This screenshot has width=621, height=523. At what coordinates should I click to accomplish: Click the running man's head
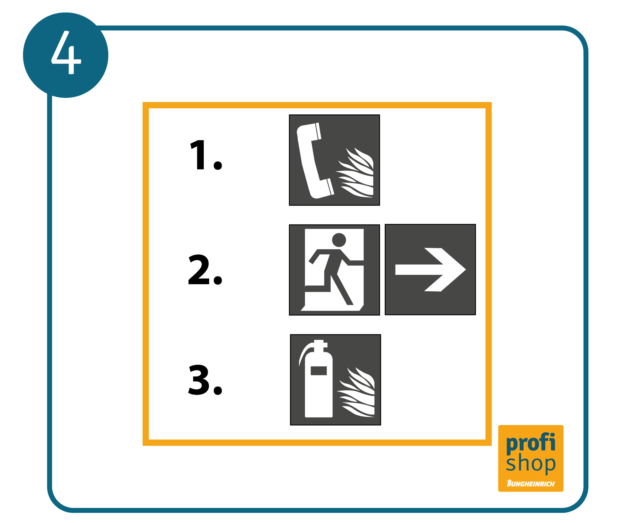339,240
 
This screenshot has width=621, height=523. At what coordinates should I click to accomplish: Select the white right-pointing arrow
431,270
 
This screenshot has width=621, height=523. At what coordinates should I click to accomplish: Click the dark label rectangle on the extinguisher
319,371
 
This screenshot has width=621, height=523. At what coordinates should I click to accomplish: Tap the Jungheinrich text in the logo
531,484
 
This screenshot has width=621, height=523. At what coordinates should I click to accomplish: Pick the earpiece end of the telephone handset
309,131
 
